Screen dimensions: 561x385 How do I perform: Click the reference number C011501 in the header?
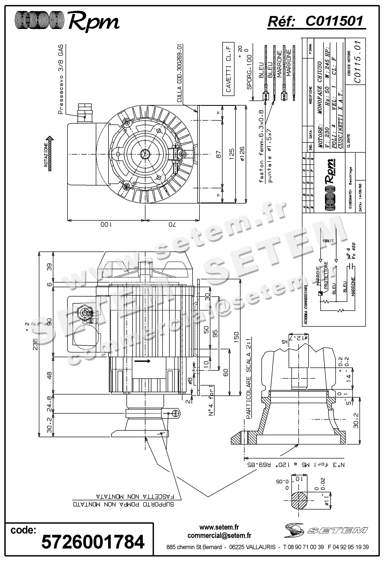334,22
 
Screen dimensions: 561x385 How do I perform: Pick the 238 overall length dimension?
35,342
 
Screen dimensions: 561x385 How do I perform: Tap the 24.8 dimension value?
49,404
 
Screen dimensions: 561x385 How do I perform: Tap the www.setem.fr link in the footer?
219,527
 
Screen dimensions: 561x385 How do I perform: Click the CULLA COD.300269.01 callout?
179,73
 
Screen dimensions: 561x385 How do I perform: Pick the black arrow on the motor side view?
141,361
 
